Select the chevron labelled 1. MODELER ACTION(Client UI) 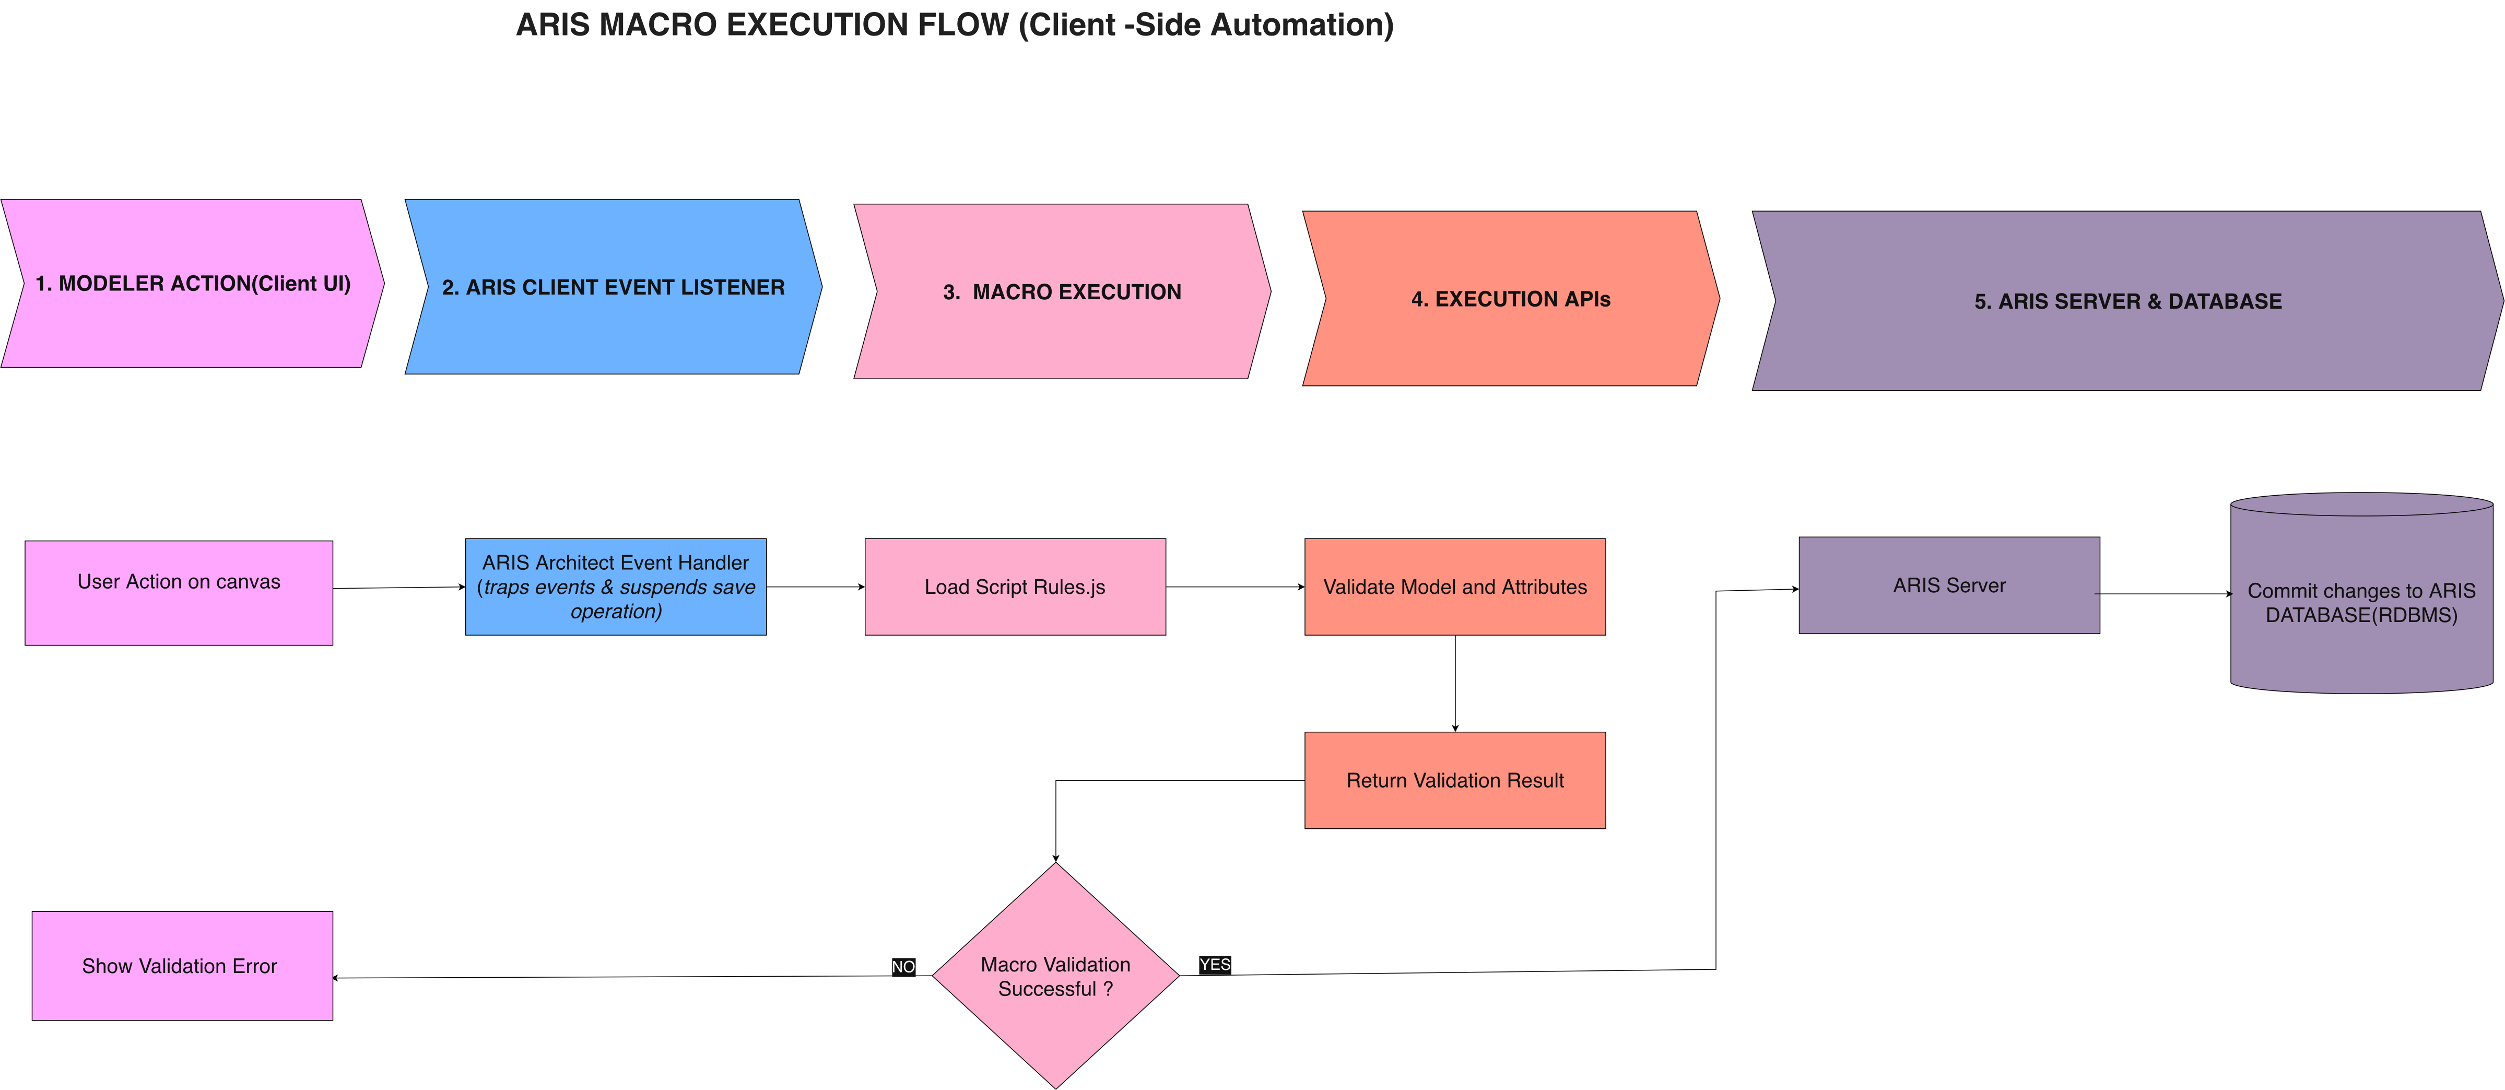click(193, 283)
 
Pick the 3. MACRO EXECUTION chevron click(1062, 292)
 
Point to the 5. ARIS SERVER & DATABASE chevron click(2127, 301)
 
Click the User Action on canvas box click(179, 593)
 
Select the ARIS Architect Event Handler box click(616, 587)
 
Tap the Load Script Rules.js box click(1015, 587)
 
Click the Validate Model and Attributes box click(1455, 587)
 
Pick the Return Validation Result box click(1455, 780)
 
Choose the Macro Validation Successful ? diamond click(1056, 975)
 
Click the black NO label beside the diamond click(903, 967)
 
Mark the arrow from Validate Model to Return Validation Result click(1455, 684)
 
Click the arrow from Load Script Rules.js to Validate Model click(1235, 587)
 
